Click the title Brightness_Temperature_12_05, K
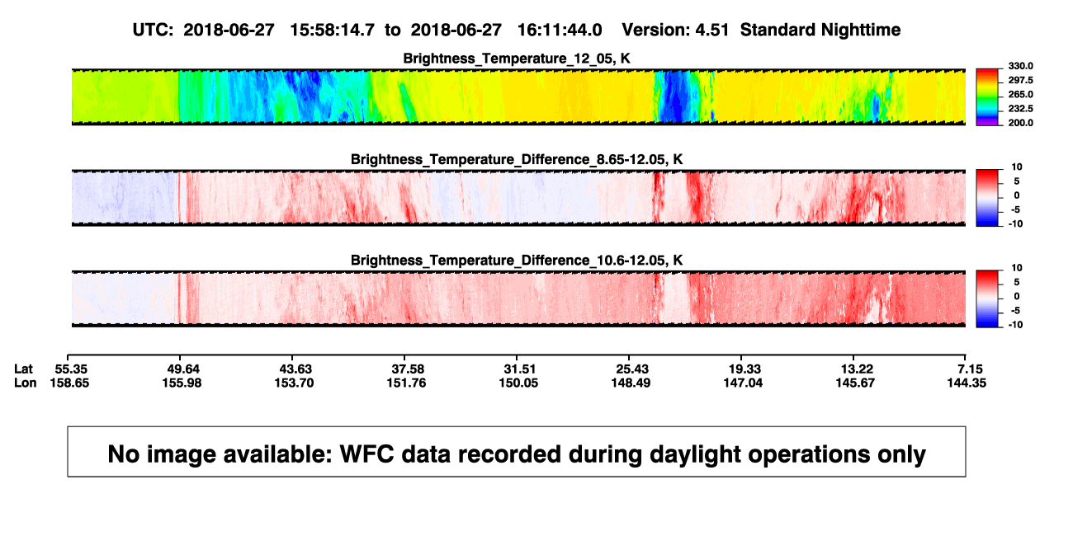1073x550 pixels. [517, 59]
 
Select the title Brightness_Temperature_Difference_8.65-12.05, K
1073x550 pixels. [517, 159]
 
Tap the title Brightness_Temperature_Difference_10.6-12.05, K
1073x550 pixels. [517, 261]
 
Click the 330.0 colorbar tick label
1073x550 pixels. [1020, 66]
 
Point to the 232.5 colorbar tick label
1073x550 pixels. [1020, 109]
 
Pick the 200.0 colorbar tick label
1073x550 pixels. [1020, 123]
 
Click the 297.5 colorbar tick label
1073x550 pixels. [1020, 81]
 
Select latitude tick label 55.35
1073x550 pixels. [71, 369]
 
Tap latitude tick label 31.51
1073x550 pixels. [519, 369]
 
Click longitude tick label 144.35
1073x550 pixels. [967, 383]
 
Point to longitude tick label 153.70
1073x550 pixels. [294, 383]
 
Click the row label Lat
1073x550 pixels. [23, 369]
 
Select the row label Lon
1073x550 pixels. [26, 383]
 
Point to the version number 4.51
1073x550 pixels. [711, 30]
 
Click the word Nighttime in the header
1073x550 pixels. [860, 31]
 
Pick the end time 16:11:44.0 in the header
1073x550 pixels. [560, 30]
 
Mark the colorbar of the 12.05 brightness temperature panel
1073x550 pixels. [987, 97]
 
